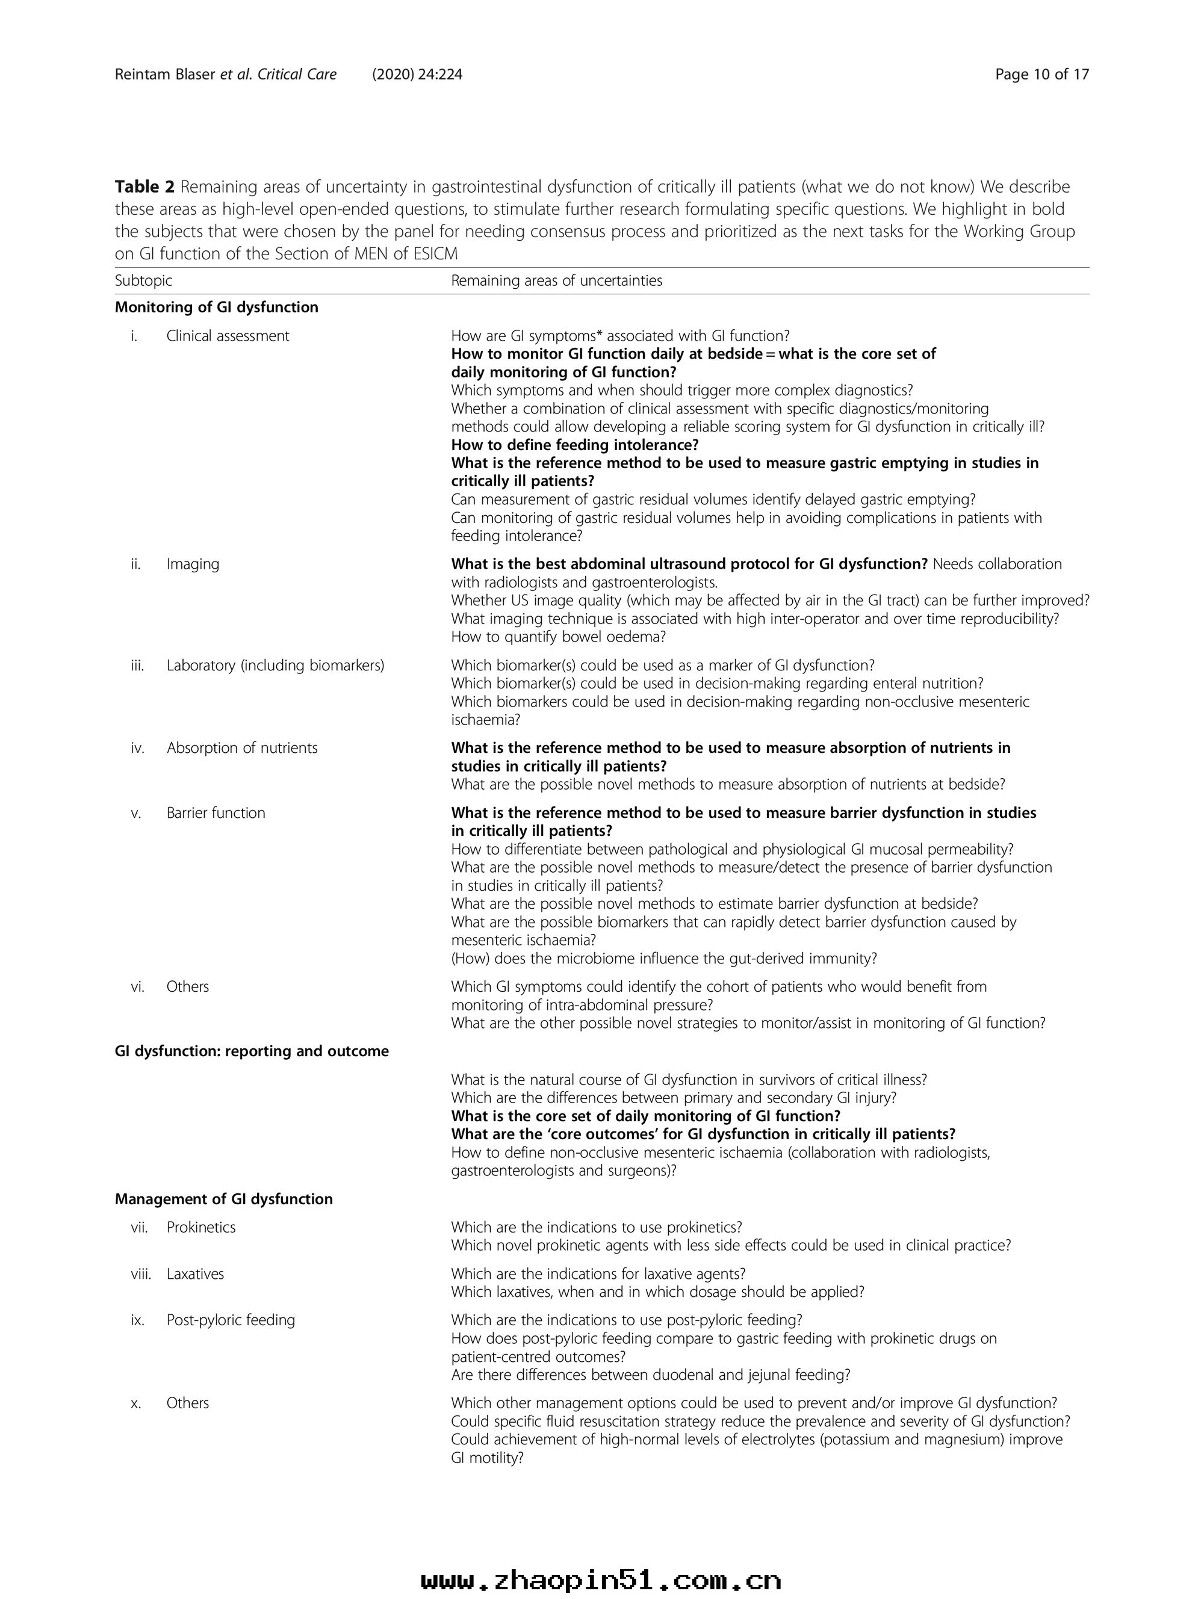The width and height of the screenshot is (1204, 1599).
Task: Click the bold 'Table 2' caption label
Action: pos(144,187)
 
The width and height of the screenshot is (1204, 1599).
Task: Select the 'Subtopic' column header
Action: pos(143,280)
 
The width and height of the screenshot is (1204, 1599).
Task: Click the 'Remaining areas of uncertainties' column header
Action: pos(556,280)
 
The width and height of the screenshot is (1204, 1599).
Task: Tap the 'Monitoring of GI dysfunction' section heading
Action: pos(216,307)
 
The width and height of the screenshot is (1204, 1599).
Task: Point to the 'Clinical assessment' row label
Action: pos(228,335)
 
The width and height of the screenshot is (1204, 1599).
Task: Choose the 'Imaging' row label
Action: pos(193,564)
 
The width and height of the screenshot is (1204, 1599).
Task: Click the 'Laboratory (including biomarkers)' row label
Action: pos(275,665)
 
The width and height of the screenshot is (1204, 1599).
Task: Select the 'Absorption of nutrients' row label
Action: pos(241,748)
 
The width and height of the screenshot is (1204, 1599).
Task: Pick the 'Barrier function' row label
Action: pos(216,813)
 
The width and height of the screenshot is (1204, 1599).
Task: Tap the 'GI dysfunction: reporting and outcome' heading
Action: pos(252,1051)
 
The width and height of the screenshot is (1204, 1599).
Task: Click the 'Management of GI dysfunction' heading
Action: pos(223,1199)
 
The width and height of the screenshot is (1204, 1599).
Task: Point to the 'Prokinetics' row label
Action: pos(201,1228)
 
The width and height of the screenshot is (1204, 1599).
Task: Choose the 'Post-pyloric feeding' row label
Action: pos(231,1320)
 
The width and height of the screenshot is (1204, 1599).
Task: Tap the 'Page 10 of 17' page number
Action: pos(1041,75)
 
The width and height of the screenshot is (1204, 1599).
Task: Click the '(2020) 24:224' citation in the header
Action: pos(417,75)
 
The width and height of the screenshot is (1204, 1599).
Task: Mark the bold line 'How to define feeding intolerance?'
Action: pos(575,445)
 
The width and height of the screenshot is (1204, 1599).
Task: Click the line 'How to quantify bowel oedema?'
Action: pos(558,637)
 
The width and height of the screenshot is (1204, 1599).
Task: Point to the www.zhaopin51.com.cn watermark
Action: pos(601,1580)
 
